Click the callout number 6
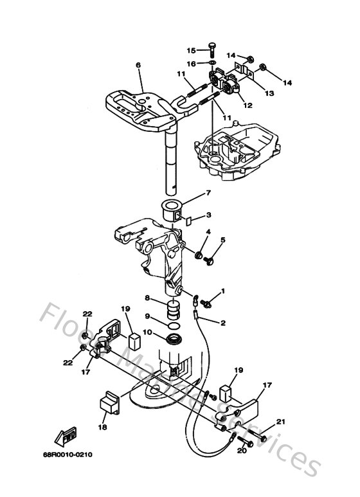pyautogui.click(x=138, y=65)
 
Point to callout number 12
pyautogui.click(x=247, y=105)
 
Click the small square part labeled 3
pyautogui.click(x=189, y=219)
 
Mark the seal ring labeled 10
pyautogui.click(x=174, y=338)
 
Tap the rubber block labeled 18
pyautogui.click(x=107, y=405)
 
